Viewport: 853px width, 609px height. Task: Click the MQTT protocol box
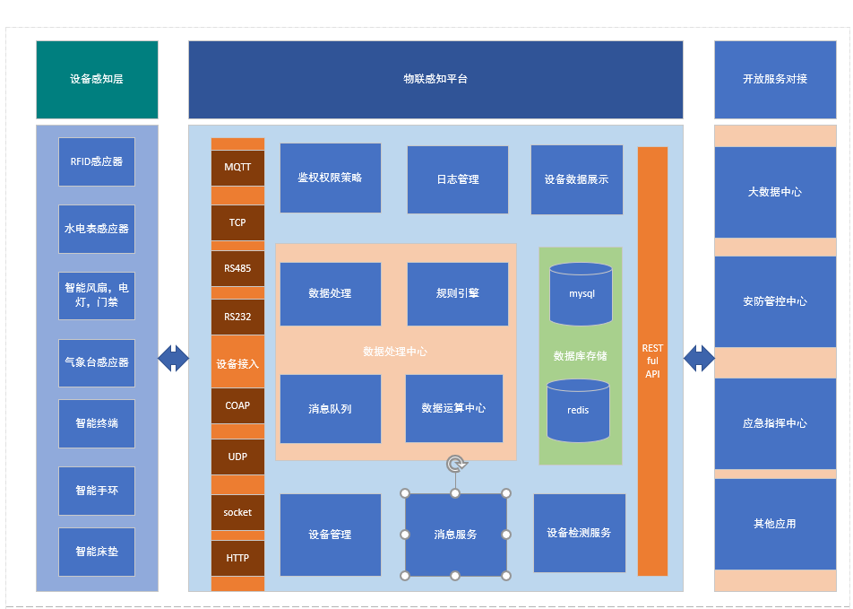pos(237,168)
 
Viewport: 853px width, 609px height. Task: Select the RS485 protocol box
pos(237,268)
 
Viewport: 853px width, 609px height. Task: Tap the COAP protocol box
pos(237,405)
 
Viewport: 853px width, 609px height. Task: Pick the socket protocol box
pos(237,512)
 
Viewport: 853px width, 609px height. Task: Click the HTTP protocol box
pos(237,558)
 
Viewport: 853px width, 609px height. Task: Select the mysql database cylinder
pos(581,294)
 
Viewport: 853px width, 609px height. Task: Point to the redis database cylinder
pos(578,410)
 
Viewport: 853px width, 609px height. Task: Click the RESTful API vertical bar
pos(652,361)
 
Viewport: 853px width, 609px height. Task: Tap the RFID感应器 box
pos(97,162)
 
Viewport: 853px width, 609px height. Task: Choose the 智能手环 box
pos(97,491)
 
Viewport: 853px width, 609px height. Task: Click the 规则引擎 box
pos(457,293)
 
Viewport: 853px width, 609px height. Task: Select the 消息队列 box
pos(330,409)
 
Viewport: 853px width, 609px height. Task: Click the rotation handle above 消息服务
pos(456,464)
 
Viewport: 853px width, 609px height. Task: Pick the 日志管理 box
pos(457,179)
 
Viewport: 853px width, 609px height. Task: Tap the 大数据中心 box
pos(774,192)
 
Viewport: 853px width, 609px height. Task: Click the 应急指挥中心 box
pos(774,423)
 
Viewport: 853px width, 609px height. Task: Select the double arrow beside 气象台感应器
pos(173,359)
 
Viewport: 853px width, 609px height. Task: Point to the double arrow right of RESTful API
pos(699,359)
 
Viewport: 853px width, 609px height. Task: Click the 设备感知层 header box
pos(97,79)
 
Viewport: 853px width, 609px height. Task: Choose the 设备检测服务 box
pos(579,533)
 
